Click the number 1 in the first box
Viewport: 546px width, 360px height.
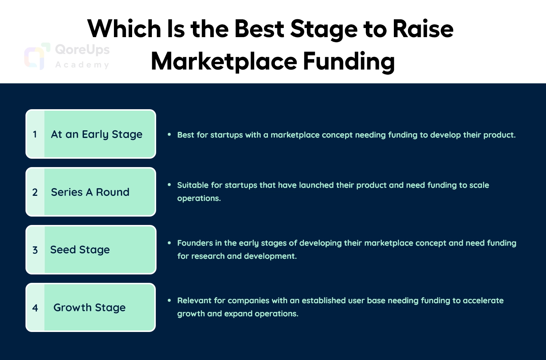coord(35,134)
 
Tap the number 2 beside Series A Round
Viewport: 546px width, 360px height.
coord(35,192)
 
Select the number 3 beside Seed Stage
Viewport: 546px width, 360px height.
coord(35,250)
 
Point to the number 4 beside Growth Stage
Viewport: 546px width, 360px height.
coord(35,308)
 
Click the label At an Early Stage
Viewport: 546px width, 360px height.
coord(96,135)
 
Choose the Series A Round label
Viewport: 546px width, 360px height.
coord(90,192)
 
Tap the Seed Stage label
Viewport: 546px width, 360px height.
coord(80,250)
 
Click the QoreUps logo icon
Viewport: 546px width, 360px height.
coord(37,56)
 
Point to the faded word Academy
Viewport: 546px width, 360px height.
coord(82,65)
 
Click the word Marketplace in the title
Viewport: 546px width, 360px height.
coord(224,62)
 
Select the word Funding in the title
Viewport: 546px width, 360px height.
coord(349,62)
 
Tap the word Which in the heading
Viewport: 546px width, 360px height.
coord(124,29)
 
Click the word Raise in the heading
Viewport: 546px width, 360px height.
coord(423,29)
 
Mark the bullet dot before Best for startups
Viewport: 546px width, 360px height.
coord(169,134)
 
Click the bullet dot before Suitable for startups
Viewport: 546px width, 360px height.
coord(169,185)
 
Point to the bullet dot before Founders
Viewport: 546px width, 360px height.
coord(169,242)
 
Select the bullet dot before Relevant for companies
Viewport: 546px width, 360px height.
coord(169,300)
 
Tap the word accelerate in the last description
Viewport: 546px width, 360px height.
coord(483,301)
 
